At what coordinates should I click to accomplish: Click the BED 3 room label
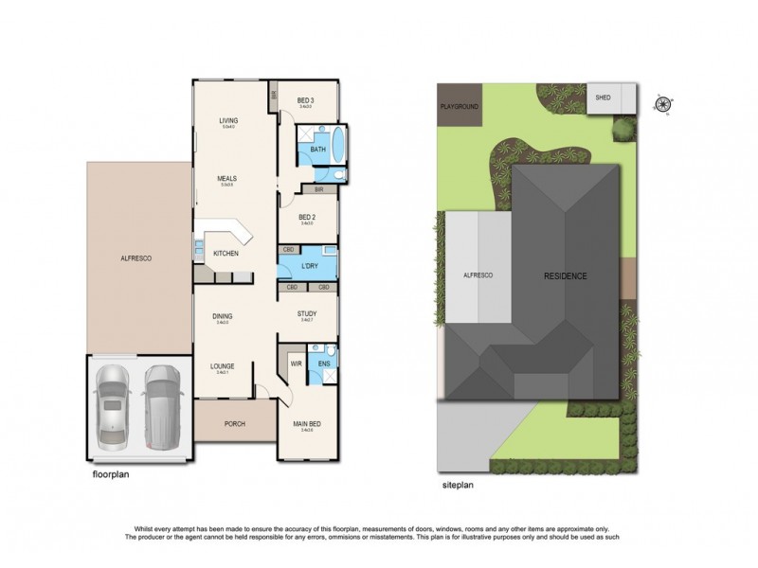pos(305,100)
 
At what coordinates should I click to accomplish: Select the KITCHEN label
pos(226,254)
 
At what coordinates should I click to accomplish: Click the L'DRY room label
pos(309,266)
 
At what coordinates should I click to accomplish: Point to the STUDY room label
pos(306,313)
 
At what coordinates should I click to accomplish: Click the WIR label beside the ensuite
pos(295,362)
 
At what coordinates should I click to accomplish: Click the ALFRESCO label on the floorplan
pos(136,258)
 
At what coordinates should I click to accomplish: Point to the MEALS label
pos(226,178)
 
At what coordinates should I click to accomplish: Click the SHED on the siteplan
pos(603,98)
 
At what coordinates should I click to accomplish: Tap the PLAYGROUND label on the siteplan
pos(459,107)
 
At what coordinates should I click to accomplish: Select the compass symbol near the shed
pos(661,105)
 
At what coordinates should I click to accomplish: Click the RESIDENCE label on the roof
pos(565,276)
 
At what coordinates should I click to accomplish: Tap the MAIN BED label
pos(306,425)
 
